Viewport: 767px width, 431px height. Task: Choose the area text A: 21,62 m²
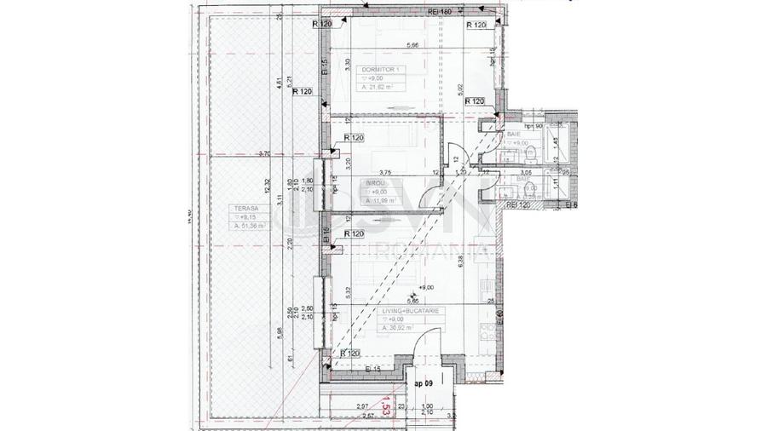379,87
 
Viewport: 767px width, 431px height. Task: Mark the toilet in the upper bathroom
532,154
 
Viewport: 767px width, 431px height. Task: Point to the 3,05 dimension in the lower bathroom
526,172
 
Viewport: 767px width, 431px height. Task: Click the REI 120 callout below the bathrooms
518,205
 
